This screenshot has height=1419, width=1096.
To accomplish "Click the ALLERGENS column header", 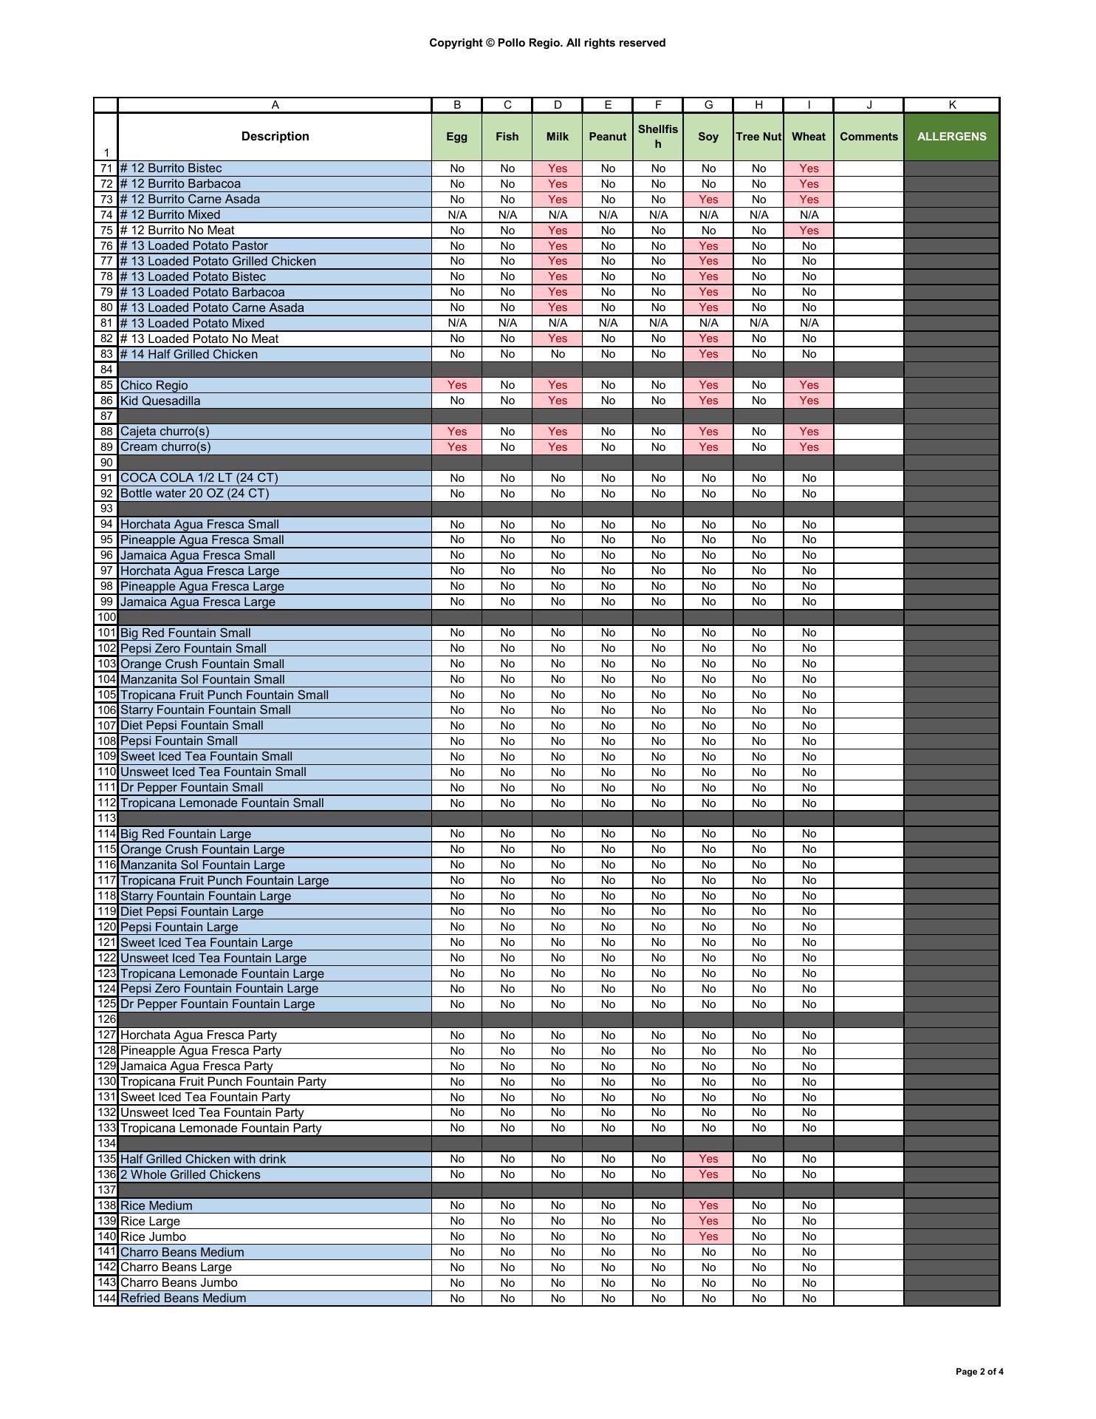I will click(x=951, y=137).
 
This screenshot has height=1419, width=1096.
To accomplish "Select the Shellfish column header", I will click(x=657, y=137).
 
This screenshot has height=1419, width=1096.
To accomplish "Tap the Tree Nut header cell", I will click(x=758, y=137).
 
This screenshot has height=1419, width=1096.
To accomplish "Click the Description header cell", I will click(x=275, y=137).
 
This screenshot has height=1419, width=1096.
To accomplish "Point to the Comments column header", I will click(x=869, y=137).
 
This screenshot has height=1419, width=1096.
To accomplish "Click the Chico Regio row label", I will click(x=154, y=385).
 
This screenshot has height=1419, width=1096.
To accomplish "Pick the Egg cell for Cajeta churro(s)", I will click(x=457, y=432).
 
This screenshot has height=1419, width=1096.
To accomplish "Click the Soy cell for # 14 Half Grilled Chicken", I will click(x=708, y=354).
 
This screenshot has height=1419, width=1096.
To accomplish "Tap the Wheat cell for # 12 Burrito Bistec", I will click(x=809, y=169).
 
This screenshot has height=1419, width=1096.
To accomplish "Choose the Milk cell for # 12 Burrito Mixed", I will click(x=558, y=215).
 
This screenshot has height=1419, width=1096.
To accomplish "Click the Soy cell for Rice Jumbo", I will click(x=708, y=1236).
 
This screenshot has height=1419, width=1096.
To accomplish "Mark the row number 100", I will click(x=106, y=617).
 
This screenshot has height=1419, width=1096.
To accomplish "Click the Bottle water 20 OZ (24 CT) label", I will click(x=194, y=494).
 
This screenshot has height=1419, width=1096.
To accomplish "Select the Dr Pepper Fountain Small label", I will click(x=191, y=787).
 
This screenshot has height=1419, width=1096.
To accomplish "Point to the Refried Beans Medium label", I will click(x=183, y=1298).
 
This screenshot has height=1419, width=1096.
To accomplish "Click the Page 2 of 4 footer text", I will click(x=979, y=1372).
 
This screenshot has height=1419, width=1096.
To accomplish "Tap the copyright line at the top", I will click(x=547, y=43).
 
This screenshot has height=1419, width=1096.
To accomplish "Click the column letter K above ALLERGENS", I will click(x=951, y=105).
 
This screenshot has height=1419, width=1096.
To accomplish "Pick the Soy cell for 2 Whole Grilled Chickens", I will click(x=708, y=1174).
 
